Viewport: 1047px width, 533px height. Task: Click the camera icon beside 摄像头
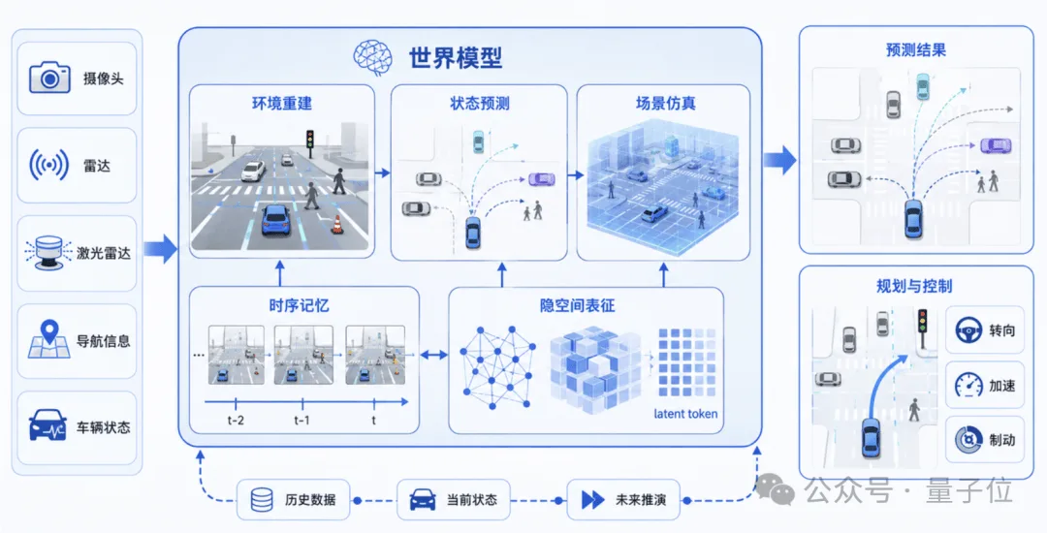49,78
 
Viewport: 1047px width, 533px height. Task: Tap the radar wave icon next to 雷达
48,165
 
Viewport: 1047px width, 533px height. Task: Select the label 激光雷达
103,253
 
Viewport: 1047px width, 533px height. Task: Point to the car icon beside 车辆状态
48,425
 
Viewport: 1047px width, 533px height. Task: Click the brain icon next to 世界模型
372,57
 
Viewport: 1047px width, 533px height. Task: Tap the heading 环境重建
282,104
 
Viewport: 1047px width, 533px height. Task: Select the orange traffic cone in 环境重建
337,224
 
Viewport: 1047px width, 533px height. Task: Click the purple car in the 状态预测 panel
542,179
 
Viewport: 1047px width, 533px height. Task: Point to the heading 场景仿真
665,104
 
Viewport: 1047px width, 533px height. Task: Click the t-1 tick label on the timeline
301,421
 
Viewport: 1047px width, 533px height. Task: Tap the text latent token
685,414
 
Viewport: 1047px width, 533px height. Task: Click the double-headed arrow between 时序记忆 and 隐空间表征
434,355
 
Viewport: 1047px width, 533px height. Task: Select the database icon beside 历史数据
261,500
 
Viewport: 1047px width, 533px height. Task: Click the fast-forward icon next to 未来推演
592,500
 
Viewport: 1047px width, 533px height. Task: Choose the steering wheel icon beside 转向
968,329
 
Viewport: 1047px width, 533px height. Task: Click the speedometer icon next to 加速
968,385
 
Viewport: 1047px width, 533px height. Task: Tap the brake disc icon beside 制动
968,440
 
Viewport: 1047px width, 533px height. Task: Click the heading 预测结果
915,50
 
